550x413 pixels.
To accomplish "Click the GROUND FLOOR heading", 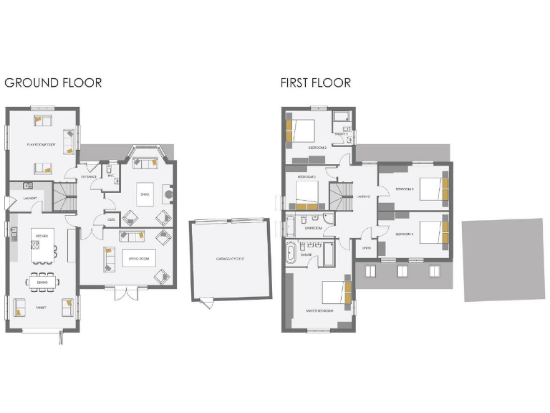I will [53, 82].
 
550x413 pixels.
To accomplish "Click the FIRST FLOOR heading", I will [315, 82].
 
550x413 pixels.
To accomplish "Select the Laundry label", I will [30, 198].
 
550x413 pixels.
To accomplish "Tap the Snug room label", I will [144, 194].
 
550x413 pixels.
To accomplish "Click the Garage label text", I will [231, 259].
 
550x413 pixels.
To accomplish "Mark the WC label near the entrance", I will [111, 176].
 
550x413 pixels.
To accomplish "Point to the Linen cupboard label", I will [366, 249].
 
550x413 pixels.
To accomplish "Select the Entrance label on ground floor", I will [89, 176].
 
